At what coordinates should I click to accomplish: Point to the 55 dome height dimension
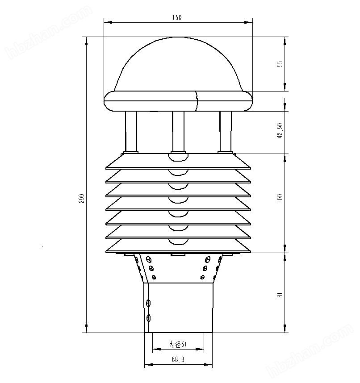click(x=280, y=64)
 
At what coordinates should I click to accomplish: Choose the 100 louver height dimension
click(x=280, y=198)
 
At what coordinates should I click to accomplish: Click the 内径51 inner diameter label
click(x=178, y=345)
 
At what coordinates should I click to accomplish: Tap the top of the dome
click(x=178, y=38)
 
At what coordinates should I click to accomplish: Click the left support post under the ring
click(x=131, y=132)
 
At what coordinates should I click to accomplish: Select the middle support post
click(x=178, y=132)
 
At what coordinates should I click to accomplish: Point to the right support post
click(x=226, y=132)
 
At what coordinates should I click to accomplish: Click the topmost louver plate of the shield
click(x=178, y=162)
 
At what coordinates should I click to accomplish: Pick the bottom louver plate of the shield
click(x=178, y=246)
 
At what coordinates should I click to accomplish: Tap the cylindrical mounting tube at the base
click(x=179, y=308)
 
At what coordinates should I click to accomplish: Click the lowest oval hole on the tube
click(x=149, y=318)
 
